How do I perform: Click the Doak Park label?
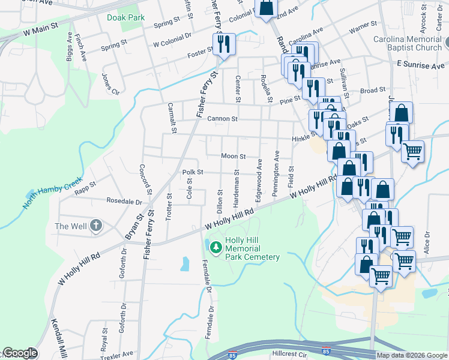126,18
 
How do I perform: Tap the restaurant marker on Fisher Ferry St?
224,44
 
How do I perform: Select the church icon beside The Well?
96,226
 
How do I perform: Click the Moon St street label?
234,156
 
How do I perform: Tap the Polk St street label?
193,172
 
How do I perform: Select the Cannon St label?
223,119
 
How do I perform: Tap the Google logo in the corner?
19,353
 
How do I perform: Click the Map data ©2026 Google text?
411,355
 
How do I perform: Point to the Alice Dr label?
427,242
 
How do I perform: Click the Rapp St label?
85,186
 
